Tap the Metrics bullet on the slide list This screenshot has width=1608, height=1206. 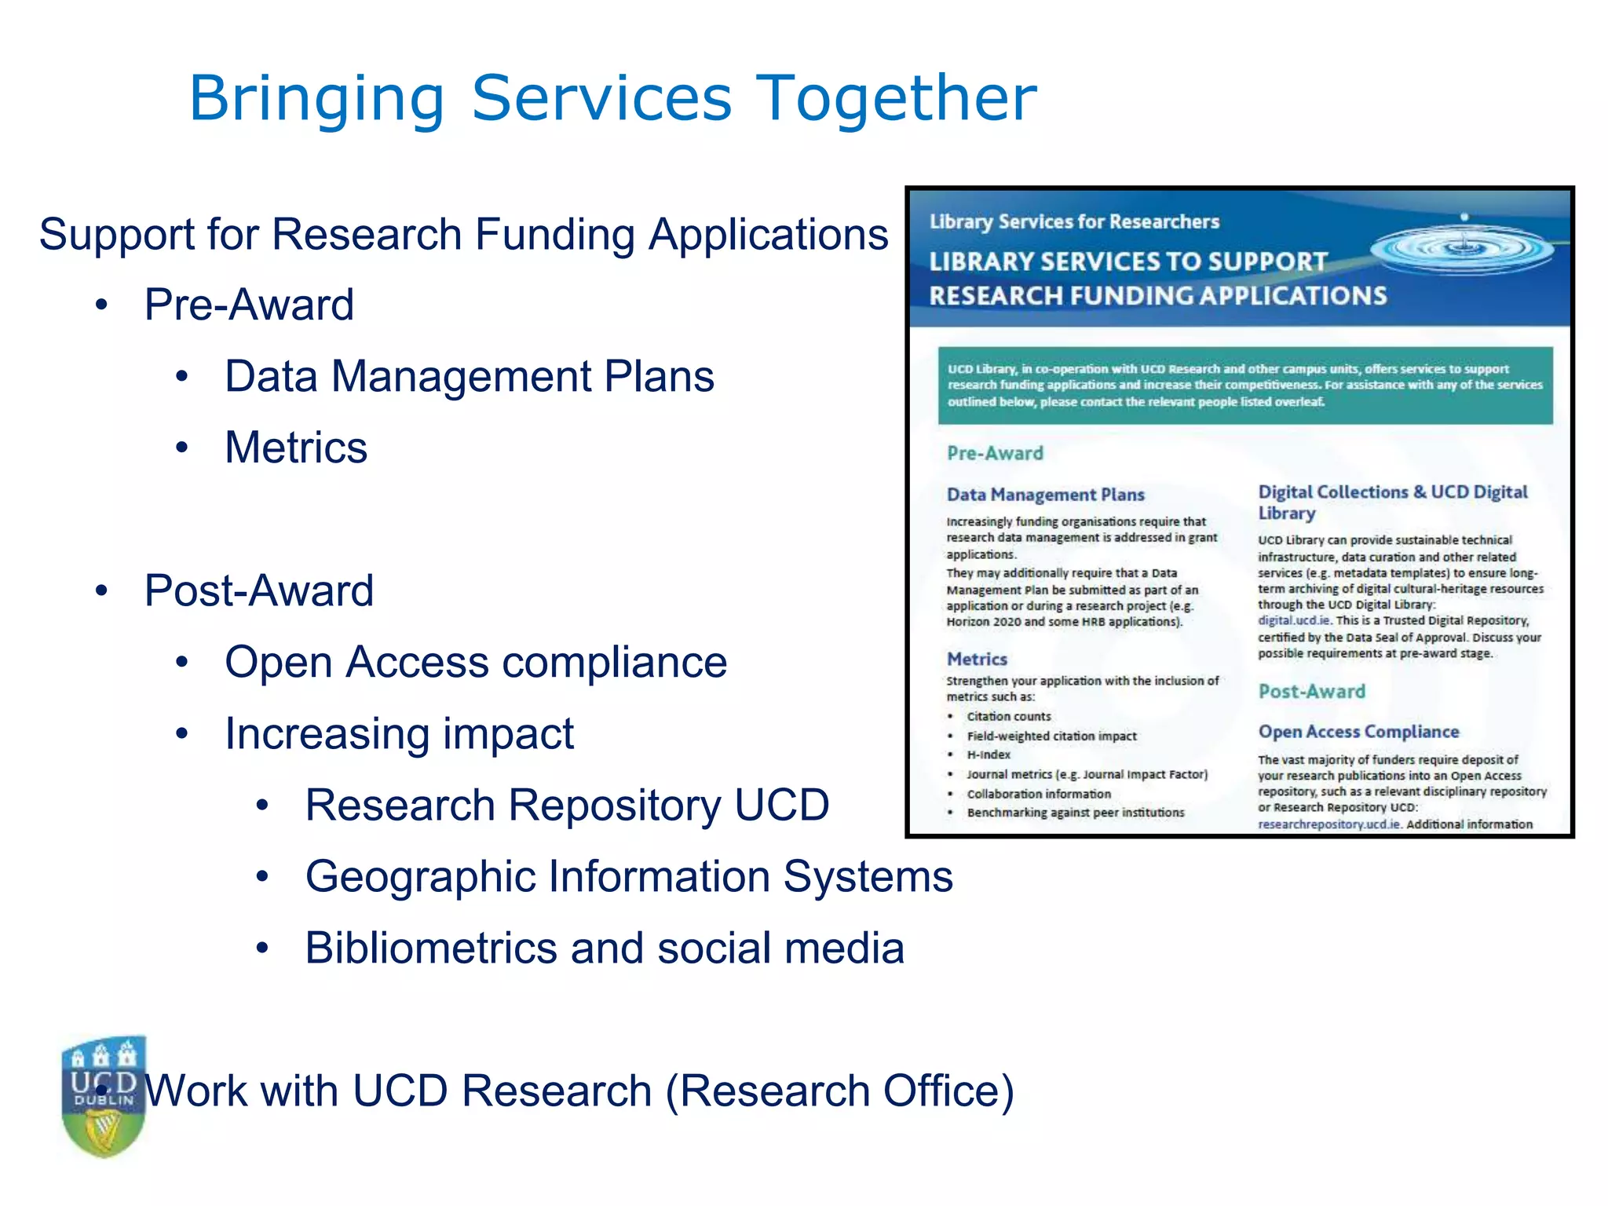click(x=296, y=448)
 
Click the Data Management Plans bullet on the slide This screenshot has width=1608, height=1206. click(x=469, y=376)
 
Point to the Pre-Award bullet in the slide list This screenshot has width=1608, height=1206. click(x=249, y=305)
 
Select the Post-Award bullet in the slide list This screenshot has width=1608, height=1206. click(x=258, y=590)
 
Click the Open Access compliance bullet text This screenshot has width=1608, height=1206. click(x=475, y=662)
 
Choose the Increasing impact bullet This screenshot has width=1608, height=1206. click(x=399, y=733)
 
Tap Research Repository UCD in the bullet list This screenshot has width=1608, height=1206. click(x=567, y=805)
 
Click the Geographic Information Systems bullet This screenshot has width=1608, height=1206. click(x=628, y=876)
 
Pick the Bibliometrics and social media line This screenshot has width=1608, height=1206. click(x=605, y=948)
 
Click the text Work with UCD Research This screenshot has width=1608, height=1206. click(x=579, y=1091)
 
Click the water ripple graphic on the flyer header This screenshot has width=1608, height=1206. click(x=1462, y=250)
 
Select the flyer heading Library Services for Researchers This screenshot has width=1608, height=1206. click(x=1074, y=222)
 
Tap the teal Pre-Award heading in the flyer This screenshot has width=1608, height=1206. click(x=995, y=453)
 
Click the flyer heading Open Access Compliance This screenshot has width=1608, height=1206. click(x=1358, y=732)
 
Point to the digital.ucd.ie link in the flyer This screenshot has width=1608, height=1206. click(x=1294, y=620)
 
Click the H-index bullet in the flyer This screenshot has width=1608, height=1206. click(x=989, y=755)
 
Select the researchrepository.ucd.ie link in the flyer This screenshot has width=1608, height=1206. click(x=1329, y=824)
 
